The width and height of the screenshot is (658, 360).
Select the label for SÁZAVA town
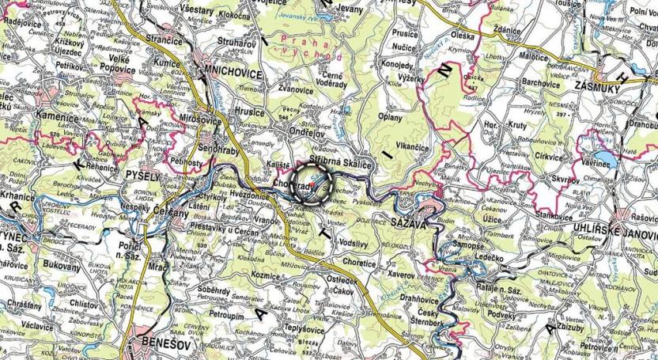408,225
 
